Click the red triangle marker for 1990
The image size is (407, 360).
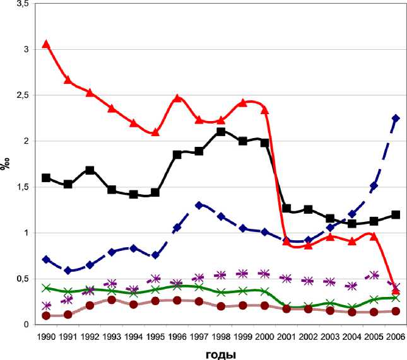(46, 44)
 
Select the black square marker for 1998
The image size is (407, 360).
(221, 132)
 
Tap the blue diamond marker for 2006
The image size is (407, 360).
(396, 119)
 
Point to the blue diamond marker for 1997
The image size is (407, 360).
(199, 205)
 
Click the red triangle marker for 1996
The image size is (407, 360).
(177, 98)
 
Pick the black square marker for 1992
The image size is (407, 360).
(90, 170)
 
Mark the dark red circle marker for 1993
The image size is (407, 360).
(112, 299)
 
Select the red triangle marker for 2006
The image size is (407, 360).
(396, 289)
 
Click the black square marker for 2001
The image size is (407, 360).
(286, 208)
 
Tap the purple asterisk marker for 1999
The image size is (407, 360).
(243, 274)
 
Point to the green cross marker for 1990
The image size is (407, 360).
(46, 288)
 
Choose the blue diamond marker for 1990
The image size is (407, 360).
(46, 259)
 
